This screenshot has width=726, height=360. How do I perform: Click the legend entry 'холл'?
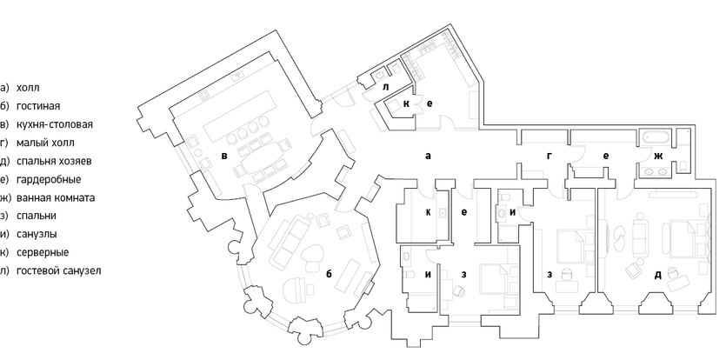pyautogui.click(x=28, y=88)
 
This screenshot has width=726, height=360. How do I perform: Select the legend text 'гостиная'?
pyautogui.click(x=38, y=106)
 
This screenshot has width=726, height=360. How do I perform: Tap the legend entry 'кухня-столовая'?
pyautogui.click(x=54, y=124)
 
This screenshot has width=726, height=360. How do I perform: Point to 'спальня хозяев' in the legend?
pyautogui.click(x=54, y=161)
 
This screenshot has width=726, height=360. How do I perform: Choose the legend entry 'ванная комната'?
pyautogui.click(x=56, y=198)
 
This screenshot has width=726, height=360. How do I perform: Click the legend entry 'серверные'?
pyautogui.click(x=43, y=252)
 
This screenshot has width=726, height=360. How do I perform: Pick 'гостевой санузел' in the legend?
pyautogui.click(x=58, y=270)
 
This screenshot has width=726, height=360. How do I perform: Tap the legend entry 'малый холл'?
pyautogui.click(x=45, y=143)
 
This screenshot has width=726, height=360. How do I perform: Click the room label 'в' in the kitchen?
pyautogui.click(x=224, y=156)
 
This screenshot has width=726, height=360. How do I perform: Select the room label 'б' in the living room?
pyautogui.click(x=329, y=274)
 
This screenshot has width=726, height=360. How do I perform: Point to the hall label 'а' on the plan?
pyautogui.click(x=428, y=157)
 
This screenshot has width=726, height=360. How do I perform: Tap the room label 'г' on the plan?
pyautogui.click(x=549, y=157)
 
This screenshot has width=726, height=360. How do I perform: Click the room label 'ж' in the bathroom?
pyautogui.click(x=658, y=157)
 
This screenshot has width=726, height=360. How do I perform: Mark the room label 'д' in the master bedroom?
pyautogui.click(x=658, y=275)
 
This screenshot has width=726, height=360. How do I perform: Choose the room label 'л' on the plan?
pyautogui.click(x=386, y=87)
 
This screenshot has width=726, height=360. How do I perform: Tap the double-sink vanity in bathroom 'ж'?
pyautogui.click(x=656, y=171)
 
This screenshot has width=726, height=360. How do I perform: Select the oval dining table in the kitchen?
pyautogui.click(x=261, y=159)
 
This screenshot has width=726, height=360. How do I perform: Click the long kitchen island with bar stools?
pyautogui.click(x=239, y=117)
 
